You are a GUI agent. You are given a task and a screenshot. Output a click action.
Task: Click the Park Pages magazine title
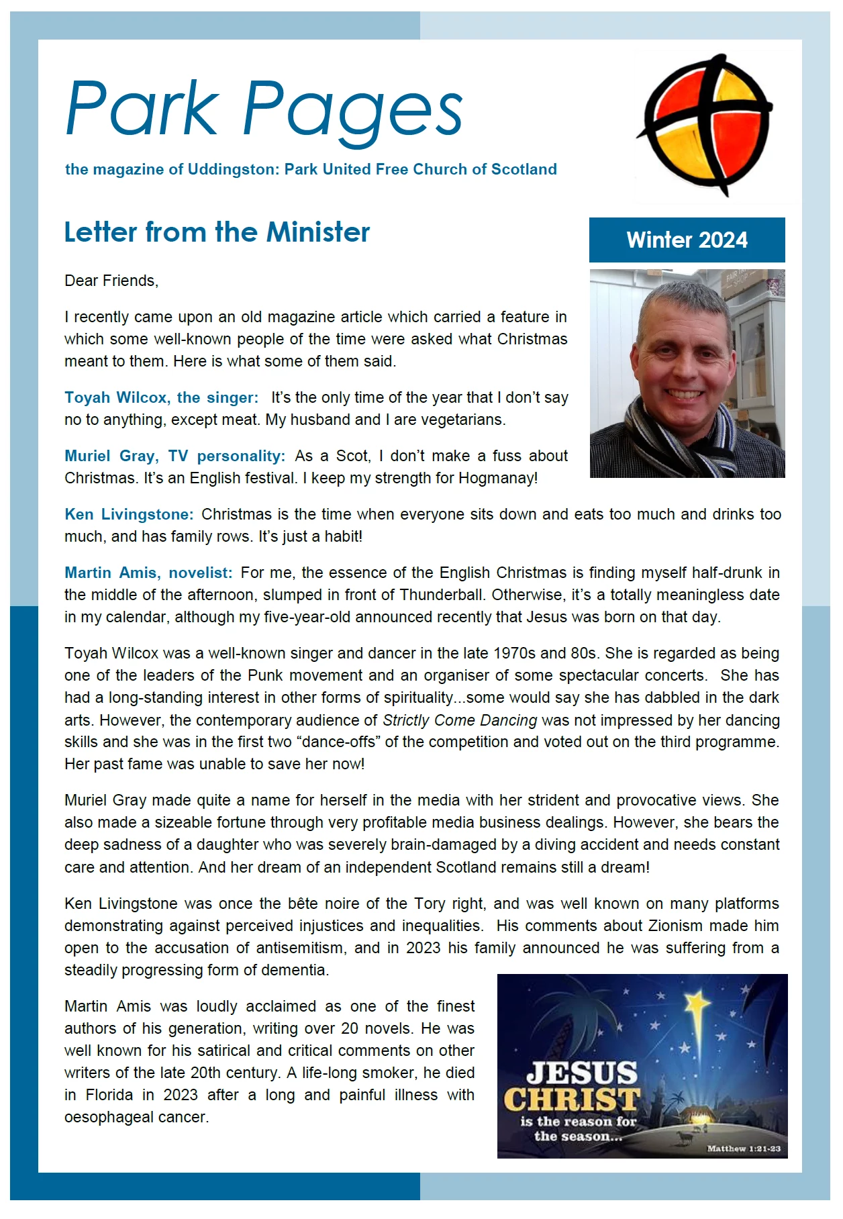(264, 109)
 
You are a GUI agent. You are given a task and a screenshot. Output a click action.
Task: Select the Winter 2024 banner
(687, 240)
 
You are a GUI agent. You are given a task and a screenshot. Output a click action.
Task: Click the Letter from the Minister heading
(217, 232)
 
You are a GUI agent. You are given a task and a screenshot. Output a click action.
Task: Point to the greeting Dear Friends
(111, 281)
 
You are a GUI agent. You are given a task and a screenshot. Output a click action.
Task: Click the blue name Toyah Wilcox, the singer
(161, 397)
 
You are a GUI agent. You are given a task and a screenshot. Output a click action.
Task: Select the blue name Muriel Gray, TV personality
(175, 456)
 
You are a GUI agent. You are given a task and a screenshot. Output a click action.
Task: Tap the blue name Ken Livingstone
(129, 514)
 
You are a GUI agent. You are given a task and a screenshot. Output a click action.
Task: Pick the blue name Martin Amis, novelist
(148, 573)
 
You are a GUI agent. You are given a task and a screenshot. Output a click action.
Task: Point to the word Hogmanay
(497, 478)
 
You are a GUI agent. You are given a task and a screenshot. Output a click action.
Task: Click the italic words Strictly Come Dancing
(460, 720)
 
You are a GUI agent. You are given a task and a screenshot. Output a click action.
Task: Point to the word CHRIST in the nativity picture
(572, 1100)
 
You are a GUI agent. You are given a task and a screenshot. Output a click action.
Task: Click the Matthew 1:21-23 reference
(744, 1149)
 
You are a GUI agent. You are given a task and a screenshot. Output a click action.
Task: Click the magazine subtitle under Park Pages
(311, 169)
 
